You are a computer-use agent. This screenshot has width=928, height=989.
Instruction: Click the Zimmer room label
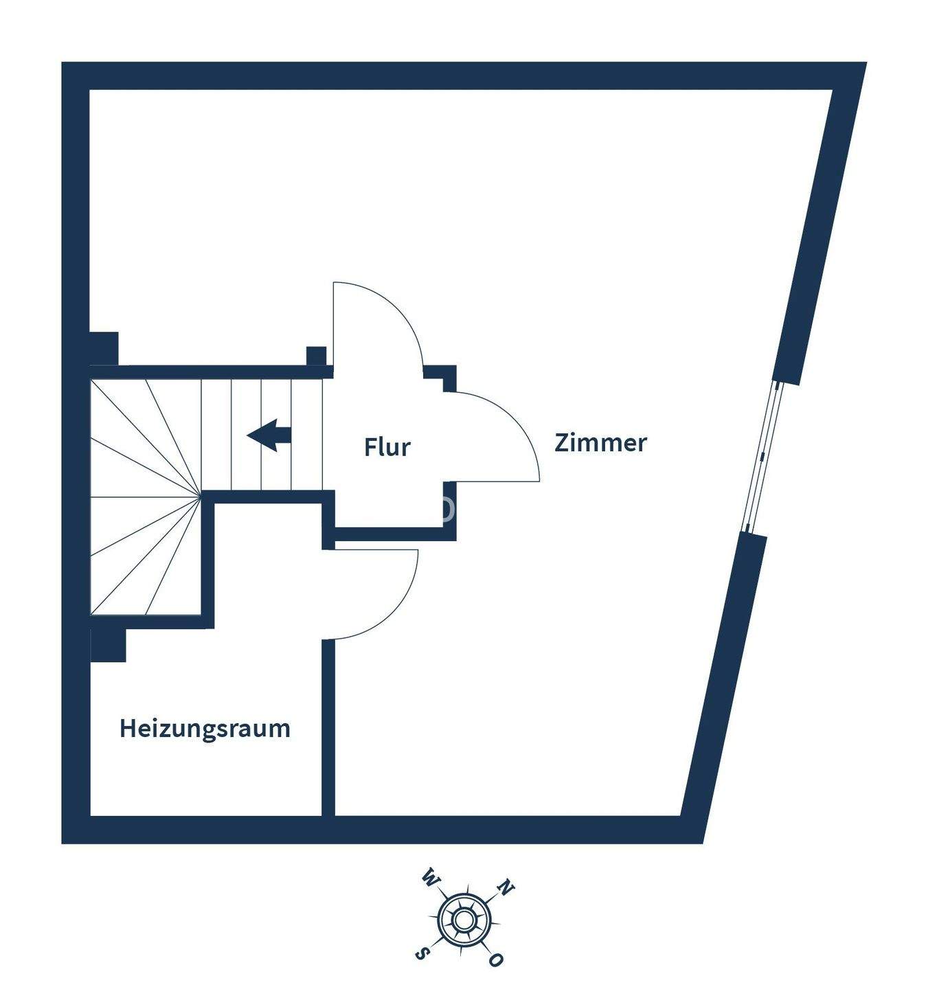point(600,443)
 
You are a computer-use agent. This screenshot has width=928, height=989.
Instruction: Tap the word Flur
point(387,447)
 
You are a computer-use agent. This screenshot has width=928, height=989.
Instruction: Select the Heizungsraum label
point(205,728)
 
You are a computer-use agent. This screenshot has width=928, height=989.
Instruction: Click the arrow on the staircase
point(270,435)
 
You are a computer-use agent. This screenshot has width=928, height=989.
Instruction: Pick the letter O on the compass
point(495,960)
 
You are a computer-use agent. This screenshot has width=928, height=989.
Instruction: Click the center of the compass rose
point(464,918)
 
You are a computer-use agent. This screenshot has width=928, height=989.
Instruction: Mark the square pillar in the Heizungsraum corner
point(109,646)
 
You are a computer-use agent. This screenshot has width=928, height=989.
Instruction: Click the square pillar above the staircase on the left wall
point(104,348)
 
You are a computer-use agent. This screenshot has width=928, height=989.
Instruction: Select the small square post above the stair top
point(316,356)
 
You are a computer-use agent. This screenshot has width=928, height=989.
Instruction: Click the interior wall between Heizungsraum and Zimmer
point(328,728)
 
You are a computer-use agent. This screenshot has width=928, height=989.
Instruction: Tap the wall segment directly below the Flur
point(388,534)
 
